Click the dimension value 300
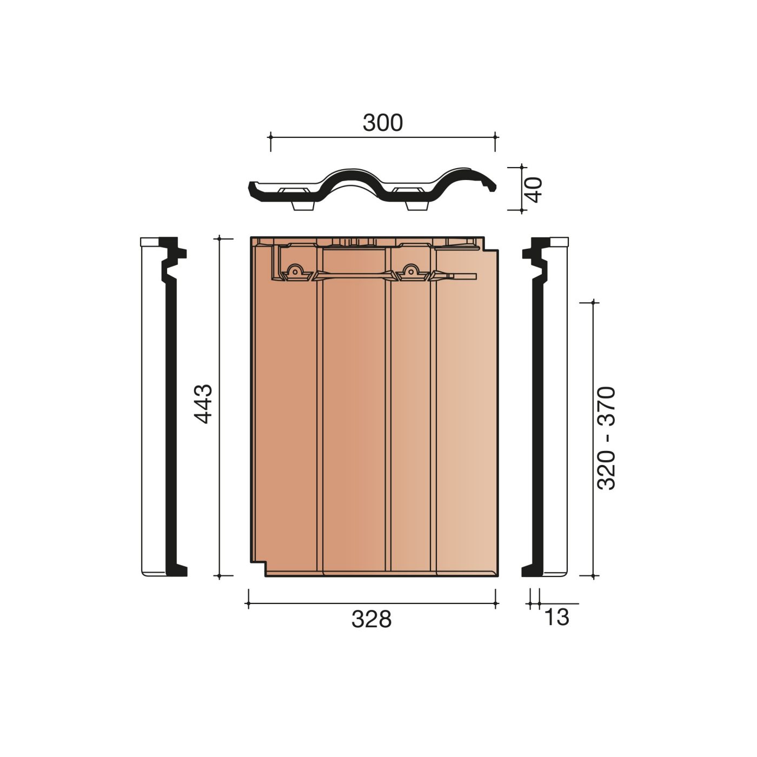pos(382,123)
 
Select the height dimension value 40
pos(534,189)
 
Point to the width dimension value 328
pos(371,619)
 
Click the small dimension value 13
pos(556,617)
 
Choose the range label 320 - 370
pos(606,438)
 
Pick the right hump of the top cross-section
pos(464,174)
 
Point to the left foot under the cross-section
pos(303,206)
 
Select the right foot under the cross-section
pos(417,206)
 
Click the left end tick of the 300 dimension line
pos(270,137)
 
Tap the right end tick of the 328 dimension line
pos(496,603)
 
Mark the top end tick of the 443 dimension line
pos(219,238)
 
